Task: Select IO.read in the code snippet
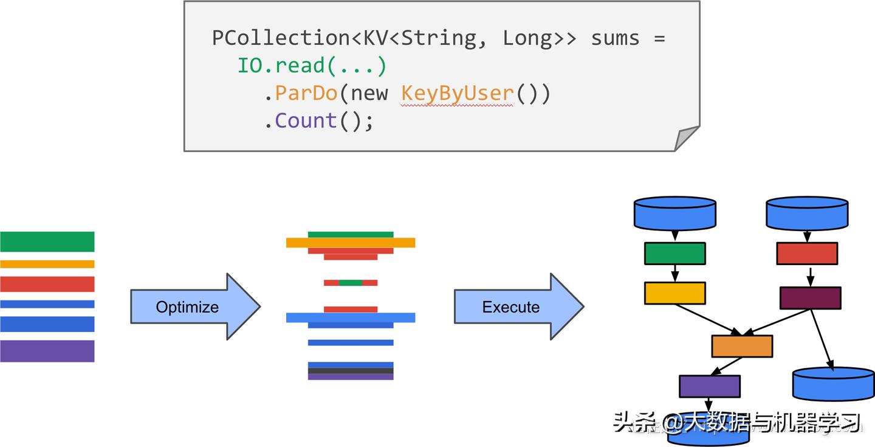coord(280,66)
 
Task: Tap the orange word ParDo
coord(306,94)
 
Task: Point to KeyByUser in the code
coord(457,94)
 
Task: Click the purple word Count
coord(306,121)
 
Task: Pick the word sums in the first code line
coord(615,38)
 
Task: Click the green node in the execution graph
coord(674,254)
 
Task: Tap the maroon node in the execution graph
coord(810,298)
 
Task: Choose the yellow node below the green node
coord(674,293)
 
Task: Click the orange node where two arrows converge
coord(742,346)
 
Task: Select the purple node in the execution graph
coord(709,386)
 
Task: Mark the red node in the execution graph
coord(807,254)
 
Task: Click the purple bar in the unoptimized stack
coord(47,351)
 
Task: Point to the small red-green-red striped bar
coord(351,283)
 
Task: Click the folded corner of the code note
coord(687,138)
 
